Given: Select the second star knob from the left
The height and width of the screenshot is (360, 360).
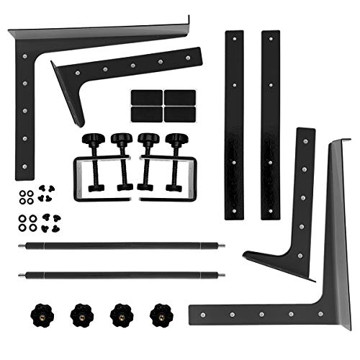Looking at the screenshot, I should (79, 314).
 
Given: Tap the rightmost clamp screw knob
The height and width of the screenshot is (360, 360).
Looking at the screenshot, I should (176, 140).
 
